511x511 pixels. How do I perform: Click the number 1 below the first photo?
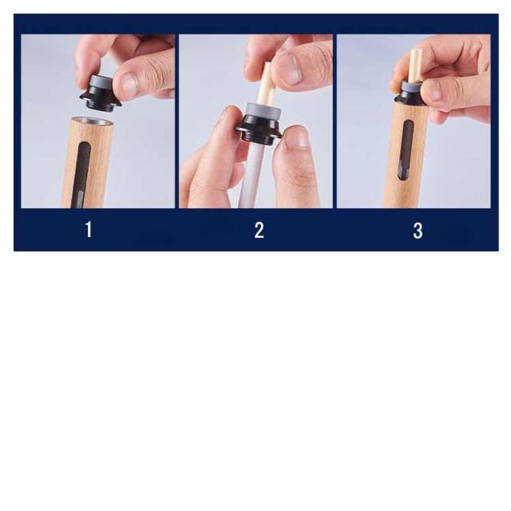point(89,230)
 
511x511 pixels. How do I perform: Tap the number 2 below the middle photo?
point(259,230)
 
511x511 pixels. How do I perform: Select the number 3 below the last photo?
point(418,231)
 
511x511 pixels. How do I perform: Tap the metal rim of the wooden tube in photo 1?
point(93,121)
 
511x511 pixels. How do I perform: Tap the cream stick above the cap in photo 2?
point(266,85)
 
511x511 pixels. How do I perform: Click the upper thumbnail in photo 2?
point(291,69)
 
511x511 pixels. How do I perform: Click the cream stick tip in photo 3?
point(416,52)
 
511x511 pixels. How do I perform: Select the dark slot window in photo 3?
point(405,150)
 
